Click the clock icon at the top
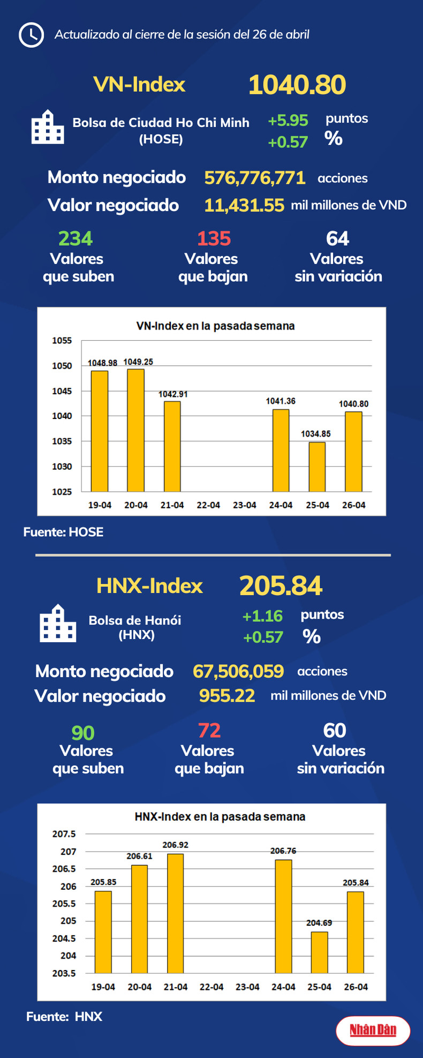pyautogui.click(x=31, y=35)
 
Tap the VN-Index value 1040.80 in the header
pyautogui.click(x=297, y=85)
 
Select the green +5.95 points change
pyautogui.click(x=288, y=121)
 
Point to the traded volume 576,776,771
pyautogui.click(x=255, y=178)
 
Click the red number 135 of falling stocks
pyautogui.click(x=214, y=238)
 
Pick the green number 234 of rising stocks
pyautogui.click(x=75, y=238)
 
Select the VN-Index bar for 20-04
pyautogui.click(x=135, y=430)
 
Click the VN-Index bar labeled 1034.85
pyautogui.click(x=317, y=466)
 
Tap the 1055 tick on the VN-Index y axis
pyautogui.click(x=62, y=341)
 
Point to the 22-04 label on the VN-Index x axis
pyautogui.click(x=208, y=505)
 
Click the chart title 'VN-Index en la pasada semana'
pyautogui.click(x=215, y=326)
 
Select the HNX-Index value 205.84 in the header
pyautogui.click(x=281, y=586)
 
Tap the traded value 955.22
pyautogui.click(x=227, y=695)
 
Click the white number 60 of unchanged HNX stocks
pyautogui.click(x=335, y=731)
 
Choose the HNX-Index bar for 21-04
pyautogui.click(x=175, y=913)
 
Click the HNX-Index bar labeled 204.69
pyautogui.click(x=319, y=952)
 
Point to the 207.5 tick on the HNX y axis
pyautogui.click(x=64, y=834)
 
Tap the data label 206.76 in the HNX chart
pyautogui.click(x=283, y=851)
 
